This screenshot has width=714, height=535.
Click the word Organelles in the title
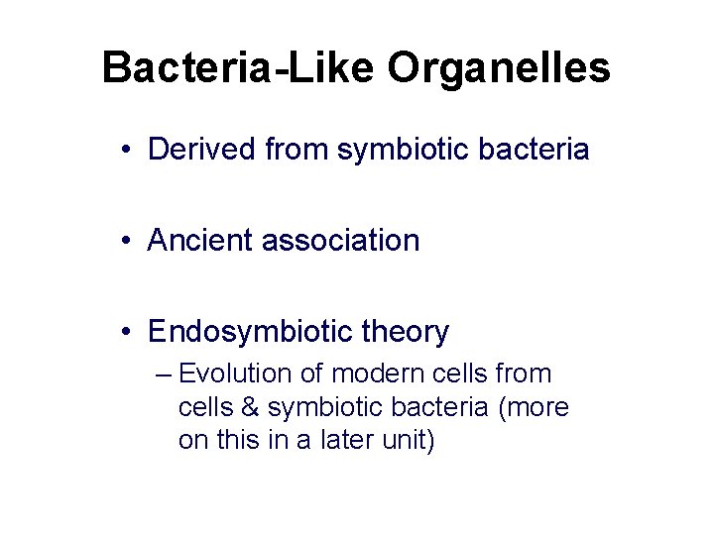click(499, 69)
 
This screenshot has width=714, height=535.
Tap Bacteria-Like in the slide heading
click(239, 67)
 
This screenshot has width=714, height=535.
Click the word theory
click(409, 332)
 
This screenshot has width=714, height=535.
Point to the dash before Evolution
click(165, 374)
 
